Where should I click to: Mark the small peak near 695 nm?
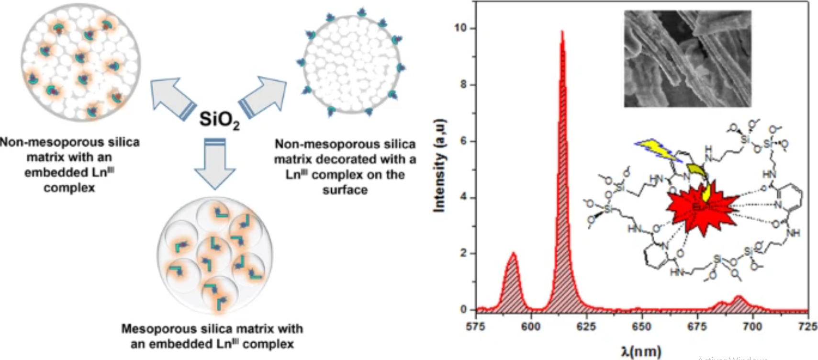coord(739,300)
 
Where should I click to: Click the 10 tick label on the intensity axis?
coord(460,28)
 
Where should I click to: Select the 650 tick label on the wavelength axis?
coord(641,326)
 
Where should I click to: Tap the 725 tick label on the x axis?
coord(808,326)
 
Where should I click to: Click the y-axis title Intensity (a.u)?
coord(439,165)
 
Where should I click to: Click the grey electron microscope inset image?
coord(687,58)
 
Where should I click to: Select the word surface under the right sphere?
coord(345,190)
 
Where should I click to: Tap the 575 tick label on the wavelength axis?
coord(475,326)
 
